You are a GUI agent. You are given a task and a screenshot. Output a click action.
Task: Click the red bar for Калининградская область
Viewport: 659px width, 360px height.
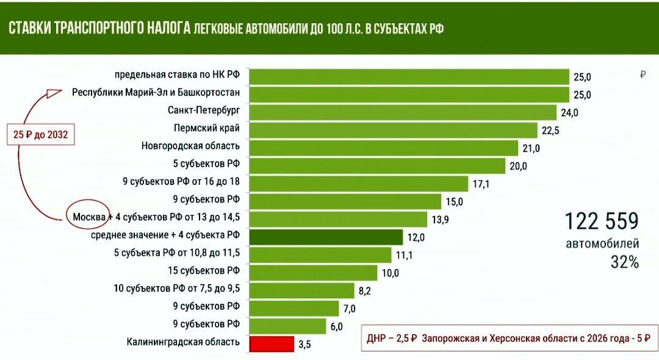tap(272, 344)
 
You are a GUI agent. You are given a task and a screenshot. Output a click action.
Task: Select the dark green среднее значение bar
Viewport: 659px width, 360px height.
tap(326, 237)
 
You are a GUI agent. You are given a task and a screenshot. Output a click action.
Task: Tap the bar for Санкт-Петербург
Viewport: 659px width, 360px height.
tap(403, 112)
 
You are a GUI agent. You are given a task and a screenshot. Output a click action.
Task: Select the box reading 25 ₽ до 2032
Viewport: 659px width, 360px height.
tap(40, 134)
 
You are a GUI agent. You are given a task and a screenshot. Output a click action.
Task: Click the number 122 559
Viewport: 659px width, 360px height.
tap(601, 221)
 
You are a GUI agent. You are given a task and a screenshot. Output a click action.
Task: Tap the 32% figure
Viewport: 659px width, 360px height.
tap(624, 263)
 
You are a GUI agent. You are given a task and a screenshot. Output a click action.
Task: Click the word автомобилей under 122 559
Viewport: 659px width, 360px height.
tap(602, 245)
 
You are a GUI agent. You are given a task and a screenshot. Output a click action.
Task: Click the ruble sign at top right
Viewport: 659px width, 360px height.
tap(643, 75)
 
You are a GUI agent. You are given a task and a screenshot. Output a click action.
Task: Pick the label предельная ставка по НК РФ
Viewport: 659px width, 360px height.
tap(178, 76)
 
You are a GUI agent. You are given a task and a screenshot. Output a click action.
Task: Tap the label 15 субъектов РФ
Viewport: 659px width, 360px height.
tap(204, 270)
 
